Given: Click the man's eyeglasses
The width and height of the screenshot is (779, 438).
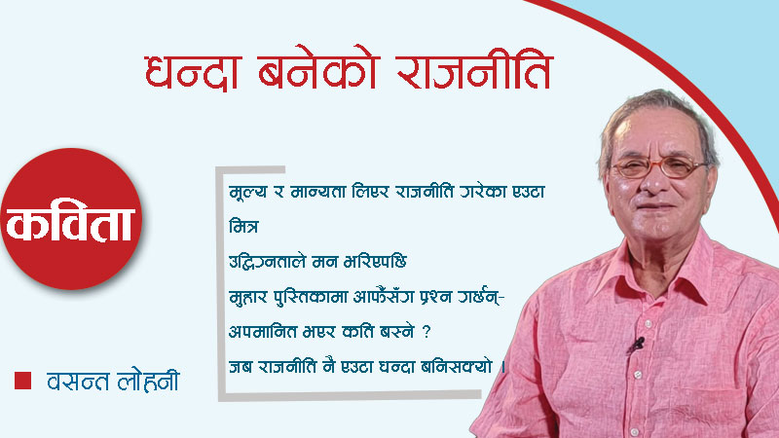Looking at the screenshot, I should [658, 167].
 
